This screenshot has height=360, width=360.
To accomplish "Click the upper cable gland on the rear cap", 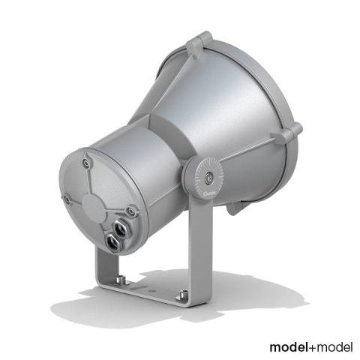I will (x=123, y=222).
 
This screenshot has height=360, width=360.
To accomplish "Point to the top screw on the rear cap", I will (x=88, y=160).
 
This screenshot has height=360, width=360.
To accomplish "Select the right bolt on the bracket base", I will (x=179, y=297).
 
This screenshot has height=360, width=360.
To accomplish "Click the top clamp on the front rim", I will (x=200, y=43).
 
